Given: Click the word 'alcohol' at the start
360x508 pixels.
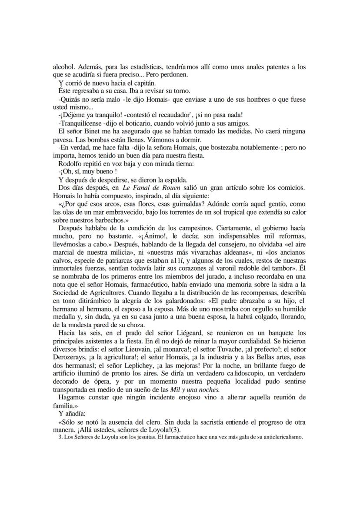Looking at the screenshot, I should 62,67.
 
